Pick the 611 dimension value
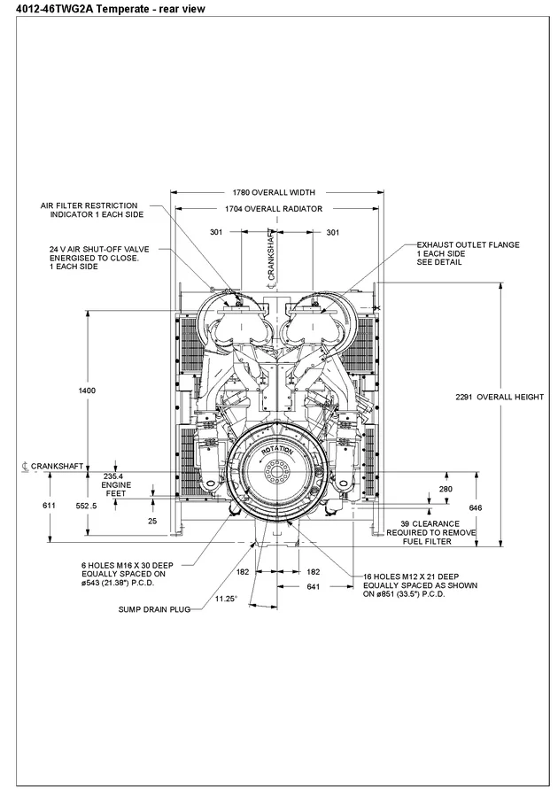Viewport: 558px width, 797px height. [x=49, y=505]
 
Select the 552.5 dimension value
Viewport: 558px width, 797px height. [x=85, y=505]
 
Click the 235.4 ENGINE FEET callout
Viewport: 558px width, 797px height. [x=115, y=485]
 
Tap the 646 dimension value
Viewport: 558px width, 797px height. [x=475, y=507]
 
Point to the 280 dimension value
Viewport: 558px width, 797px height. [x=446, y=489]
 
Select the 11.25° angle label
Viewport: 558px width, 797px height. [x=225, y=599]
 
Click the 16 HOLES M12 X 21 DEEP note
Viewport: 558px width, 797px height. [x=420, y=585]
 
